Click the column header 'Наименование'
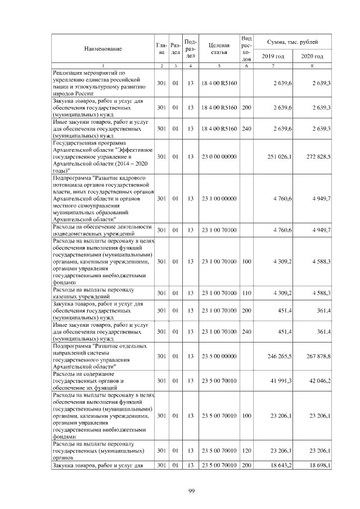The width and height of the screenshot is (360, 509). [103, 49]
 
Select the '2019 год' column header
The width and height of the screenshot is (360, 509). [273, 56]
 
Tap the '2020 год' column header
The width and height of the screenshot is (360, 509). [312, 56]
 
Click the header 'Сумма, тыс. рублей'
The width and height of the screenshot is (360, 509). [292, 42]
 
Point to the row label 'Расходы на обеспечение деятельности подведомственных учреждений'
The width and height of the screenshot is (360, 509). [102, 229]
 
